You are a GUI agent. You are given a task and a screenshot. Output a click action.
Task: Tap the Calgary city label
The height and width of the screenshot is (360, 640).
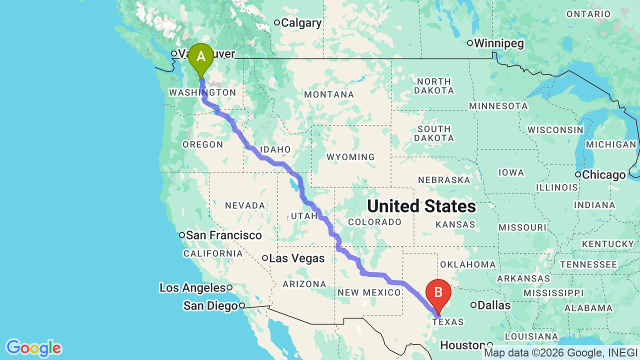[x=301, y=22]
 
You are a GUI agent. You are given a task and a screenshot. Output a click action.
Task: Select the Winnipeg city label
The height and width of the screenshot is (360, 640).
[x=498, y=43]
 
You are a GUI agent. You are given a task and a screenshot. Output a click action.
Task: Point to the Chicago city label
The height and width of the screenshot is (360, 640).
[x=604, y=175]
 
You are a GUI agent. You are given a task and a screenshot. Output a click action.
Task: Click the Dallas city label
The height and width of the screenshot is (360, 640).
[x=494, y=305]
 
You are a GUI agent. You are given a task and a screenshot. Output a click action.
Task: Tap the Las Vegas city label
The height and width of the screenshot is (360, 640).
[x=297, y=258]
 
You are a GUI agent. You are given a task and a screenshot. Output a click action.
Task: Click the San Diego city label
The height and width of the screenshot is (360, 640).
[x=210, y=305]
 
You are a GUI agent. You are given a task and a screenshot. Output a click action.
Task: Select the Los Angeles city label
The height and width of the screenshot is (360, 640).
[x=192, y=287]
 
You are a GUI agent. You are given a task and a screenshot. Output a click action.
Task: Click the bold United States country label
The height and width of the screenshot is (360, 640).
[x=421, y=206]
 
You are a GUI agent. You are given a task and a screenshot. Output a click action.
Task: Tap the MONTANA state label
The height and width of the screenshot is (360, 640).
[x=329, y=94]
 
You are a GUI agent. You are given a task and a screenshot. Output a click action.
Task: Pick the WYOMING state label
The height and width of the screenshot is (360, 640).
[x=350, y=157]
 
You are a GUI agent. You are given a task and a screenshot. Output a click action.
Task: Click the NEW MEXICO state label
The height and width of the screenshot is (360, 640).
[x=369, y=292]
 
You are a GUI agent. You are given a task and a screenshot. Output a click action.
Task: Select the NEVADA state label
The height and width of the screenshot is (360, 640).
[x=245, y=205]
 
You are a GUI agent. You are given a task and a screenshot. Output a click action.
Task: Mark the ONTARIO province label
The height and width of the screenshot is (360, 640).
[x=588, y=14]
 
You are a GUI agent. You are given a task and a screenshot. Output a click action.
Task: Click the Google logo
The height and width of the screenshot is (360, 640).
[x=33, y=348]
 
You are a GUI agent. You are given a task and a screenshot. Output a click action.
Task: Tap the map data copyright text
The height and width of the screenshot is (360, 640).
[x=560, y=353]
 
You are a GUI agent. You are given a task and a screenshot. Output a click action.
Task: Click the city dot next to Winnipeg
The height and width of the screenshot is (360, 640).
[x=470, y=43]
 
